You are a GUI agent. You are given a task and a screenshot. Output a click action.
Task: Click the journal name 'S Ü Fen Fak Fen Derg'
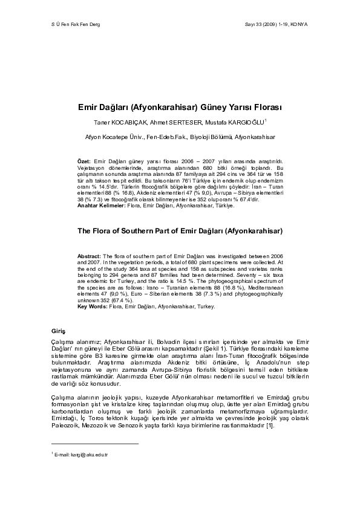tap(74, 24)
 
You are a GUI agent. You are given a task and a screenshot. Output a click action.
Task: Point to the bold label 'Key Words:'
tap(93, 306)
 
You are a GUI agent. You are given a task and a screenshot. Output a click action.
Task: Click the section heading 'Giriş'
tap(58, 331)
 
